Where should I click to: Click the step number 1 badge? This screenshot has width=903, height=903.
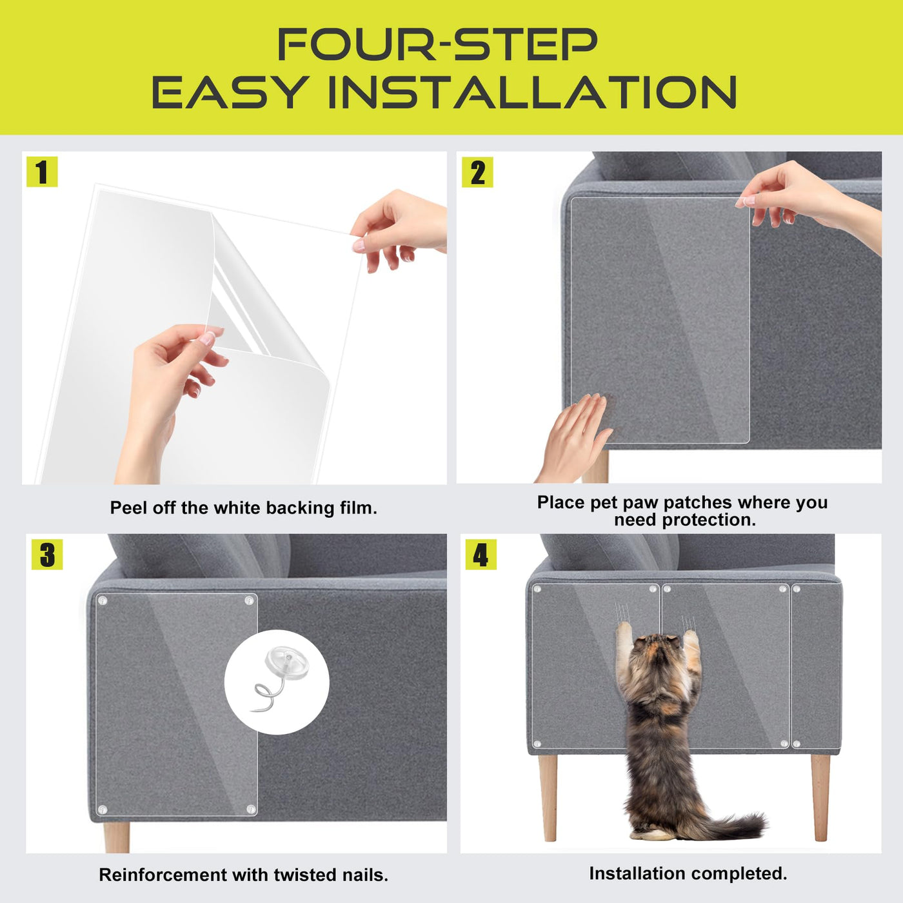point(42,172)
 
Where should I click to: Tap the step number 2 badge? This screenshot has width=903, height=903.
point(477,172)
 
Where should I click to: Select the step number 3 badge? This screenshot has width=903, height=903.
point(47,555)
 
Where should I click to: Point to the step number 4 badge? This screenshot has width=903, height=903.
point(481,554)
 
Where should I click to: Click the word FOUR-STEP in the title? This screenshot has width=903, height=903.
point(438,44)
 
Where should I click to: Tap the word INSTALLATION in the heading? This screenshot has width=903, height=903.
point(533,92)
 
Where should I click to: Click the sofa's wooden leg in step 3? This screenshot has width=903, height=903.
point(117,837)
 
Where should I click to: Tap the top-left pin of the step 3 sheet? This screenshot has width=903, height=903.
point(103,600)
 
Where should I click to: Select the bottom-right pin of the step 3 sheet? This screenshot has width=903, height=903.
point(251,809)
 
